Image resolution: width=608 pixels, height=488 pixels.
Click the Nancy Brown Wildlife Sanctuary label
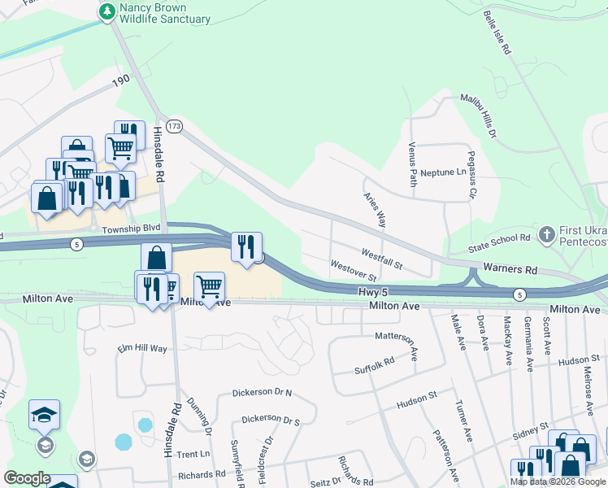click(165, 13)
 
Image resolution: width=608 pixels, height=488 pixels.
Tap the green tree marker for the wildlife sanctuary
click(106, 11)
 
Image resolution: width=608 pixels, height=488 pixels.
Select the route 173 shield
click(174, 127)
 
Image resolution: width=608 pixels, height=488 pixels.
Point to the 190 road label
click(122, 81)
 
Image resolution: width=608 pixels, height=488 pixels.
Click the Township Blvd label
click(133, 229)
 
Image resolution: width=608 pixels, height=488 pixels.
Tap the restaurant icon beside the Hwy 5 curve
click(246, 247)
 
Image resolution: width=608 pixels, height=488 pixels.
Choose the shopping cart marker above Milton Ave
click(210, 287)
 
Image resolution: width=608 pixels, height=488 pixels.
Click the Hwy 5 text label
click(372, 290)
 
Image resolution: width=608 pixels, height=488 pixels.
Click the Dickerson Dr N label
click(262, 392)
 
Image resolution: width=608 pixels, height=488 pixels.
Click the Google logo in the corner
click(28, 478)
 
